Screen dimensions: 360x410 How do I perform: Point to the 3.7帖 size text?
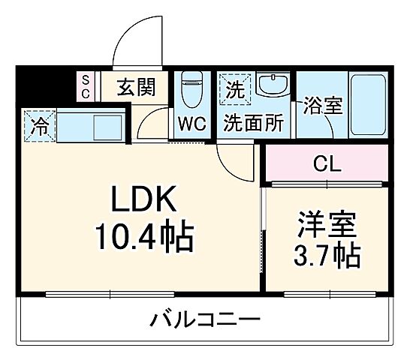click(326, 256)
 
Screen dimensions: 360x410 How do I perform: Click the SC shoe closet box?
click(86, 85)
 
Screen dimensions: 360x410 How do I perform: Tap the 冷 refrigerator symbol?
click(38, 124)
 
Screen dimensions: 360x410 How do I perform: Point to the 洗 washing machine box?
click(234, 91)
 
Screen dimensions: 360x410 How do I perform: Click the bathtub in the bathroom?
click(367, 104)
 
